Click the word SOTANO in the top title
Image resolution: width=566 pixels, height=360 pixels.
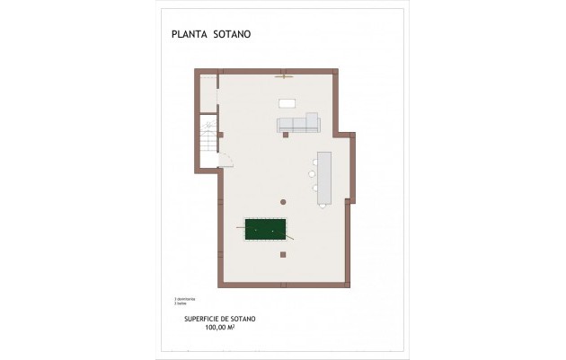[232, 35]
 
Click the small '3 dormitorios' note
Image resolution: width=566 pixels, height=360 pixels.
[184, 298]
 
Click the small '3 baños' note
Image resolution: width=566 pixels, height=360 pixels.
[181, 303]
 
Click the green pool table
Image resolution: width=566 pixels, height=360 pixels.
[267, 230]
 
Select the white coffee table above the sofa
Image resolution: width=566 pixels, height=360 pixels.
[287, 102]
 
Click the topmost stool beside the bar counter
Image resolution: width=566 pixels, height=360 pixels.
[314, 162]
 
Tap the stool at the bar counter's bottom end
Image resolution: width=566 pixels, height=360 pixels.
[323, 206]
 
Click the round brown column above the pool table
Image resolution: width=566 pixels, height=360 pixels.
[282, 201]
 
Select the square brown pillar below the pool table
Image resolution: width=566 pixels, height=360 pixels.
[283, 255]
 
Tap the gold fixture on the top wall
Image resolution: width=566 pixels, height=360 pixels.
[285, 75]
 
